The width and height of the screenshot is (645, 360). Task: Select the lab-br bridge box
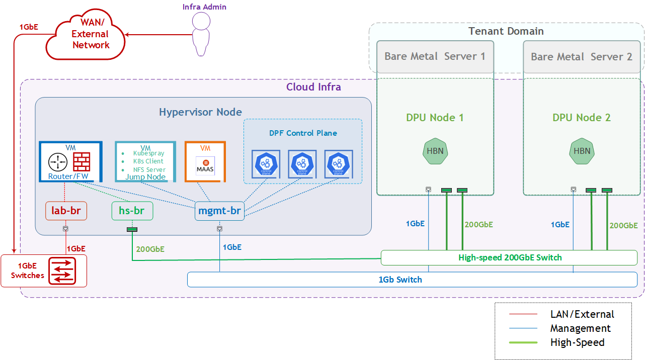[66, 211]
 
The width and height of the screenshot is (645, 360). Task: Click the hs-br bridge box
[132, 211]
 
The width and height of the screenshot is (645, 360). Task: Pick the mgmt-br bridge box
[219, 211]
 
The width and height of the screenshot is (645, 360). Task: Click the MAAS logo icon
[205, 165]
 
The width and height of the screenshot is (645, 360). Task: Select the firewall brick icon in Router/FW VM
[82, 162]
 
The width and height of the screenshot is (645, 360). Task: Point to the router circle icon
[58, 162]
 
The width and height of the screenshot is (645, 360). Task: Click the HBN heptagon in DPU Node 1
[435, 151]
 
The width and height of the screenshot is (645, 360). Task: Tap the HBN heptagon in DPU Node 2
[582, 151]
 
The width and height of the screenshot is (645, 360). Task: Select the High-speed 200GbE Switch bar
[509, 257]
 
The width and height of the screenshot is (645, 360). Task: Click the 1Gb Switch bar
[400, 280]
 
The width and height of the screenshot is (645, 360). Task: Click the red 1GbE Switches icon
[62, 271]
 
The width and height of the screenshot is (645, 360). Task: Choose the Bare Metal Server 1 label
[435, 56]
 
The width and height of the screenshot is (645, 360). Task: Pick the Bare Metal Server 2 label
[582, 56]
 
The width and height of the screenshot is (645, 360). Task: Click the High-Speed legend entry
[577, 342]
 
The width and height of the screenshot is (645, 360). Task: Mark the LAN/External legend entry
[582, 314]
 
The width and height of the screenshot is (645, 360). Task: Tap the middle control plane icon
[302, 164]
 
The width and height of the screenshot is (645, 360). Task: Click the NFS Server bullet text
[149, 169]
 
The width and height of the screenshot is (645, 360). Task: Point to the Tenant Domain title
[506, 31]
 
